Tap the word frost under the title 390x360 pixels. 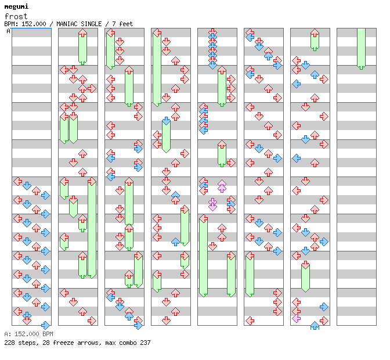[x=15, y=16]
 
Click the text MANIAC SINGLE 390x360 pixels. [x=77, y=24]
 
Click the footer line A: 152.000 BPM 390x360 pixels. [x=28, y=334]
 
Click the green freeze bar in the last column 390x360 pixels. [x=361, y=48]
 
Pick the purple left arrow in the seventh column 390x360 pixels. [x=297, y=318]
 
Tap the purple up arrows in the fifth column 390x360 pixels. [x=222, y=186]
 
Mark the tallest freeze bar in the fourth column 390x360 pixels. [x=157, y=69]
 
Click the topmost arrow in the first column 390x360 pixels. [x=17, y=181]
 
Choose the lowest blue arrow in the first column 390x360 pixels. [x=45, y=325]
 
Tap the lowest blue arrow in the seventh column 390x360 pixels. [x=315, y=325]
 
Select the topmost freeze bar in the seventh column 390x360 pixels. [x=315, y=39]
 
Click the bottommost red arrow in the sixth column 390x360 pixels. [x=250, y=321]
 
